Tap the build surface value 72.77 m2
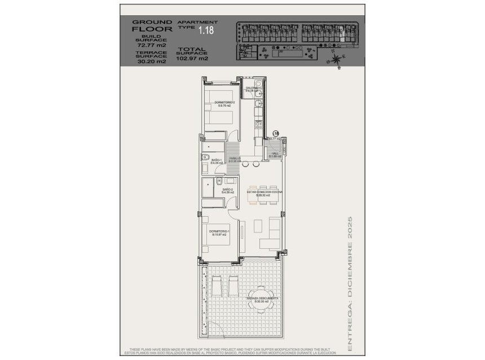tap(152, 46)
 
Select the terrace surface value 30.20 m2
tap(152, 62)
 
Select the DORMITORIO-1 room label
tap(218, 232)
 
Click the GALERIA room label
tap(252, 89)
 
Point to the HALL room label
tap(275, 155)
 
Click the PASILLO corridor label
tap(235, 160)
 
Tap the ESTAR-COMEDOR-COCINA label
tap(264, 194)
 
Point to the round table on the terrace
tap(264, 303)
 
